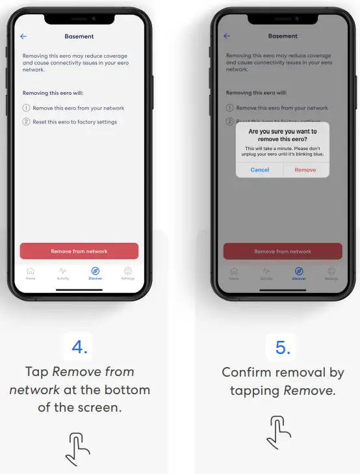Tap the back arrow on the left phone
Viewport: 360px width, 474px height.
(23, 36)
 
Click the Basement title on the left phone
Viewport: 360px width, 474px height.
(79, 36)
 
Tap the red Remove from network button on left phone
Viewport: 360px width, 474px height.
(79, 251)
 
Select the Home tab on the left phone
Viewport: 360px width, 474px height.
(31, 273)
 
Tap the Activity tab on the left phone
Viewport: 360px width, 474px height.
(63, 273)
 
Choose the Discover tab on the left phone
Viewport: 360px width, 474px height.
(96, 273)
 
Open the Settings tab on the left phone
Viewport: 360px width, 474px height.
(128, 273)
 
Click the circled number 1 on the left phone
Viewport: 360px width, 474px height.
(27, 108)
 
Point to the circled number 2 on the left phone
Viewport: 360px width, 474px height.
(27, 122)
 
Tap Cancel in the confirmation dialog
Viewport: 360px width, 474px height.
(260, 169)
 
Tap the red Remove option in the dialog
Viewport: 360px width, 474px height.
(305, 169)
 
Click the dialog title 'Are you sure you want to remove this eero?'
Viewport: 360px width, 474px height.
(283, 135)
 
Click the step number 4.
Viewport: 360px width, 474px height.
(79, 347)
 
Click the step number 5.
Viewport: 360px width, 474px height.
(283, 347)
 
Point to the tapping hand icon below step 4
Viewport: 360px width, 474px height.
(79, 448)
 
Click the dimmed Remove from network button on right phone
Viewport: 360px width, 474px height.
(283, 251)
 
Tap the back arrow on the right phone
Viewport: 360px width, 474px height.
(227, 36)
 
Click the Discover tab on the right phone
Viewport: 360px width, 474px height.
(299, 273)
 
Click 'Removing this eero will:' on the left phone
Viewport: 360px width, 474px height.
(53, 94)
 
